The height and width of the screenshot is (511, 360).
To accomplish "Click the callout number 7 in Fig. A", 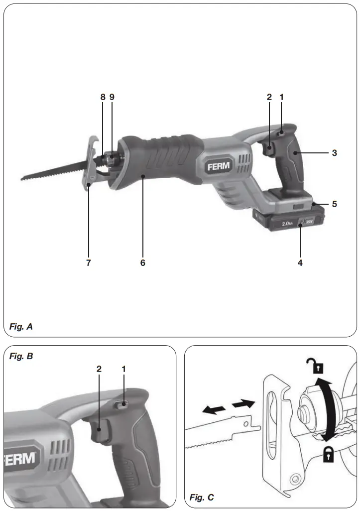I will pyautogui.click(x=89, y=262).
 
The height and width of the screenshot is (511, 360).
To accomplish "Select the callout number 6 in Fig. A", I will pyautogui.click(x=142, y=262).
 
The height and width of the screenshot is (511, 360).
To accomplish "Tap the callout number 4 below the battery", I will pyautogui.click(x=300, y=262).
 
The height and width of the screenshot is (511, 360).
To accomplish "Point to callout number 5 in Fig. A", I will pyautogui.click(x=335, y=204).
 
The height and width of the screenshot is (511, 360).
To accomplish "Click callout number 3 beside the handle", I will pyautogui.click(x=335, y=153).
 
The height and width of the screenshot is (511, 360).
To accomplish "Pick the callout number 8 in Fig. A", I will pyautogui.click(x=103, y=97).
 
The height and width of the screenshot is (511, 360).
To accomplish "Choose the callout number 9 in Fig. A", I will pyautogui.click(x=112, y=97).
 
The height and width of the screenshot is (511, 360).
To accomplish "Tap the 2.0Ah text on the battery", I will pyautogui.click(x=286, y=224).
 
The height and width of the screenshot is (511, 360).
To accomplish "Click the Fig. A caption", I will pyautogui.click(x=21, y=327).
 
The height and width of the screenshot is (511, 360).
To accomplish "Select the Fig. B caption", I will pyautogui.click(x=21, y=357).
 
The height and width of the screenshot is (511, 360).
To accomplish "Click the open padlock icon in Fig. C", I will pyautogui.click(x=318, y=367).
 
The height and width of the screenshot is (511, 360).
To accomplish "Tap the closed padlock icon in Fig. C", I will pyautogui.click(x=329, y=454).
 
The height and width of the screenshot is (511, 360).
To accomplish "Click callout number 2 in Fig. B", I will pyautogui.click(x=99, y=369).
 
